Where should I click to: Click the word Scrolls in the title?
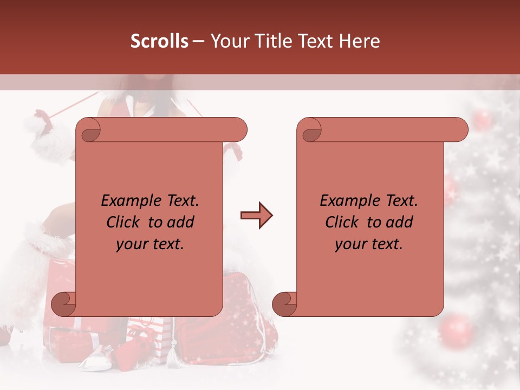pyautogui.click(x=159, y=41)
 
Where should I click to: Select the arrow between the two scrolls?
pyautogui.click(x=256, y=216)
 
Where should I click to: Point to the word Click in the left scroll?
pyautogui.click(x=124, y=222)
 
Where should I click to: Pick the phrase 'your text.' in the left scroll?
pyautogui.click(x=150, y=244)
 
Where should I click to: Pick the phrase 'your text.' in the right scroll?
pyautogui.click(x=369, y=244)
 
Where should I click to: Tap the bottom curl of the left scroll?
pyautogui.click(x=64, y=304)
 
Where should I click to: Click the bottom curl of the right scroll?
pyautogui.click(x=285, y=304)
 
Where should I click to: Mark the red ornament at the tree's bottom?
pyautogui.click(x=457, y=330)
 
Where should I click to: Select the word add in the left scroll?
pyautogui.click(x=180, y=222)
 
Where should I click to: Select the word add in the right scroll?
pyautogui.click(x=399, y=222)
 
